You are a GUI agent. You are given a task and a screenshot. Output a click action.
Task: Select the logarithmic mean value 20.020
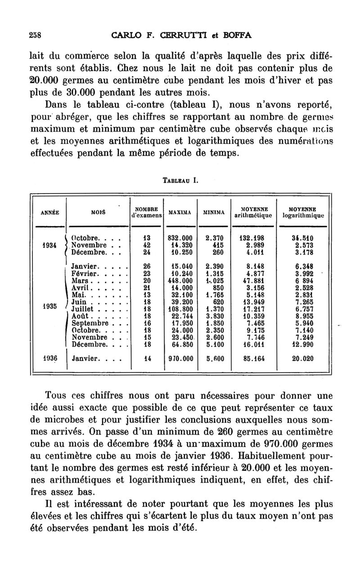(x=302, y=359)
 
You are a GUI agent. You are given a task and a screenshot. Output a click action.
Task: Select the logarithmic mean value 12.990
(x=302, y=345)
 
